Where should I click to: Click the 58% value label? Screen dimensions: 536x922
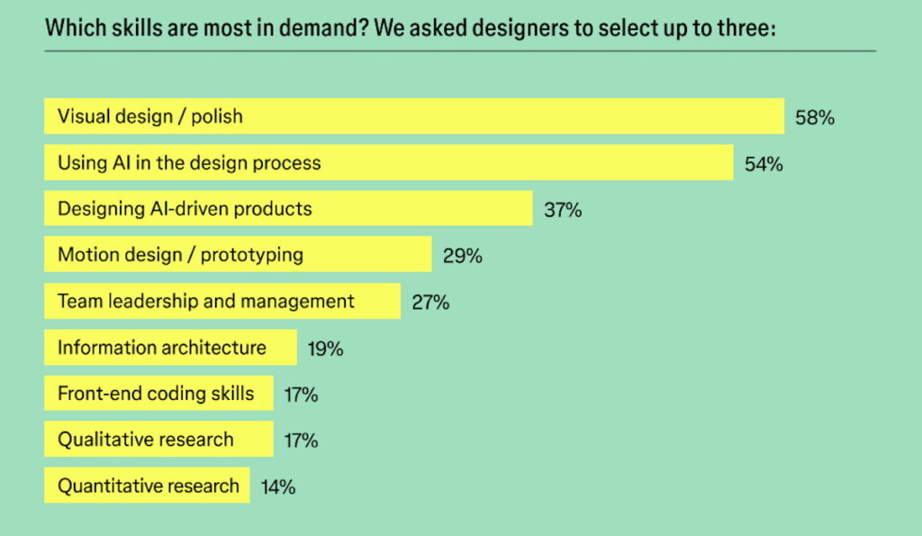point(814,117)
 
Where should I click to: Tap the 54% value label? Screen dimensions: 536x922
point(763,164)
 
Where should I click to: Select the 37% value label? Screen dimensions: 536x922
point(563,210)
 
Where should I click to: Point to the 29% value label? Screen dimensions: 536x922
point(462,256)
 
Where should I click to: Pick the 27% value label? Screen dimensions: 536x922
point(430,302)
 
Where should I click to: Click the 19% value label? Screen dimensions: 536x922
point(325,349)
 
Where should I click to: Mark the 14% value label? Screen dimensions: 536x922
point(278,487)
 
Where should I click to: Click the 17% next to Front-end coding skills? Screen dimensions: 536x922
point(300,395)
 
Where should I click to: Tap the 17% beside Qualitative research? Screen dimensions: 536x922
point(300,441)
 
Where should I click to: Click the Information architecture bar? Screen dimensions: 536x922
point(170,348)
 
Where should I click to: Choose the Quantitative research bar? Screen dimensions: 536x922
point(147,486)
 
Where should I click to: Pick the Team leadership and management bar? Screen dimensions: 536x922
point(221,301)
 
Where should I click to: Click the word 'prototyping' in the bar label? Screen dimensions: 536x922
point(252,255)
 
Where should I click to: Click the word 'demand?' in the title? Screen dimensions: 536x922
point(326,27)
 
